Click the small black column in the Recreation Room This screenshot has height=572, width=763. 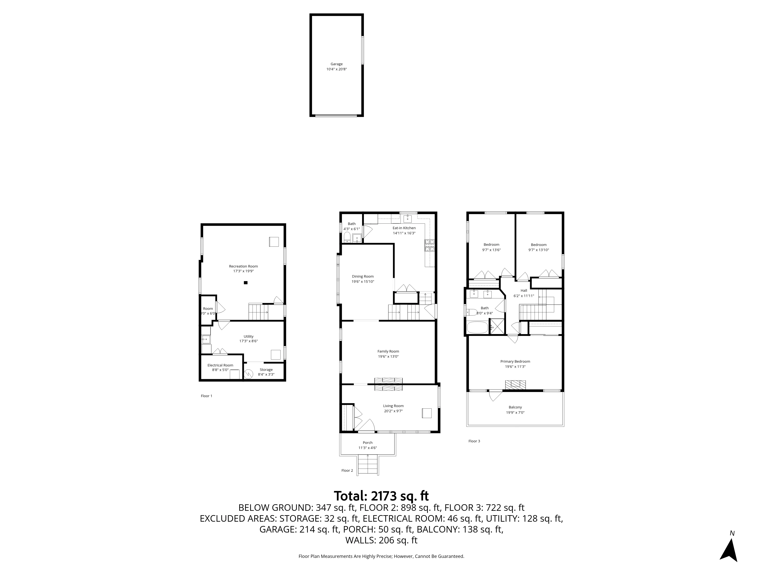tap(246, 283)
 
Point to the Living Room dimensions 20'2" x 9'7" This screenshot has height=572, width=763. tap(393, 411)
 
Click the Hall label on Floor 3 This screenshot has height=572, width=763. tap(524, 291)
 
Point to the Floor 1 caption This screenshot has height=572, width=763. tap(206, 396)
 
